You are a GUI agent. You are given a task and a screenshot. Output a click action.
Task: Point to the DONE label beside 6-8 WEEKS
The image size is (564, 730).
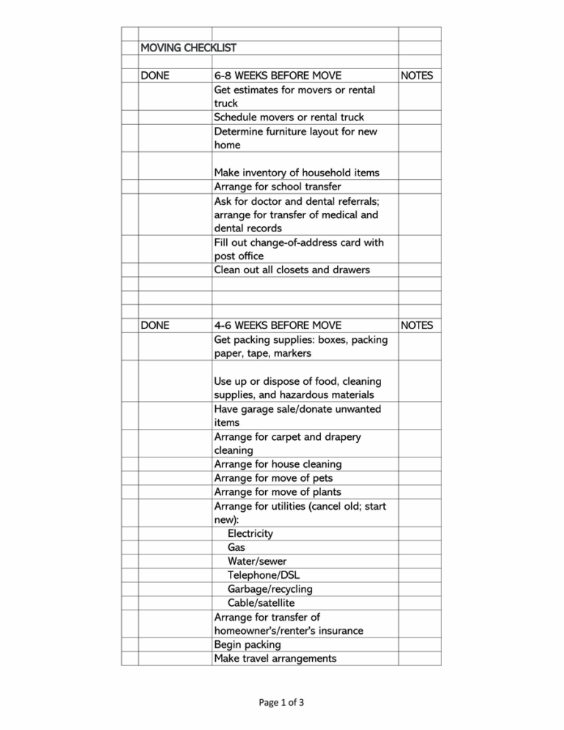[x=156, y=76]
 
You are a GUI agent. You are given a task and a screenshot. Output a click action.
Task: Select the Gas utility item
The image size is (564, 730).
[x=236, y=547]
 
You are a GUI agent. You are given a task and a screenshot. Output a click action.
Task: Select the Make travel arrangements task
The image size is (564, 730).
[x=275, y=659]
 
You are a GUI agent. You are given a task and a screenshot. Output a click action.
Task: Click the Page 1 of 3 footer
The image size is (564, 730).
[x=281, y=703]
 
